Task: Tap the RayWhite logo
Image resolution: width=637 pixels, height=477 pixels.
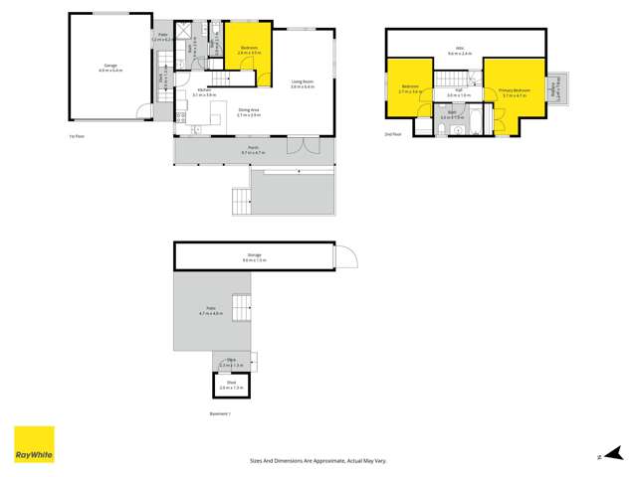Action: click(x=34, y=444)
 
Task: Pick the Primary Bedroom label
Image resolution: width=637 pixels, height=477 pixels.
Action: click(x=514, y=91)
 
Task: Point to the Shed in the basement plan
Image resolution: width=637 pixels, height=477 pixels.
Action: click(x=231, y=384)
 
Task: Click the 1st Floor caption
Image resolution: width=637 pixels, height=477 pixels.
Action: click(x=75, y=134)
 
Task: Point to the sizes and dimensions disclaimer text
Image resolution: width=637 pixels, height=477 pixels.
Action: click(x=318, y=461)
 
